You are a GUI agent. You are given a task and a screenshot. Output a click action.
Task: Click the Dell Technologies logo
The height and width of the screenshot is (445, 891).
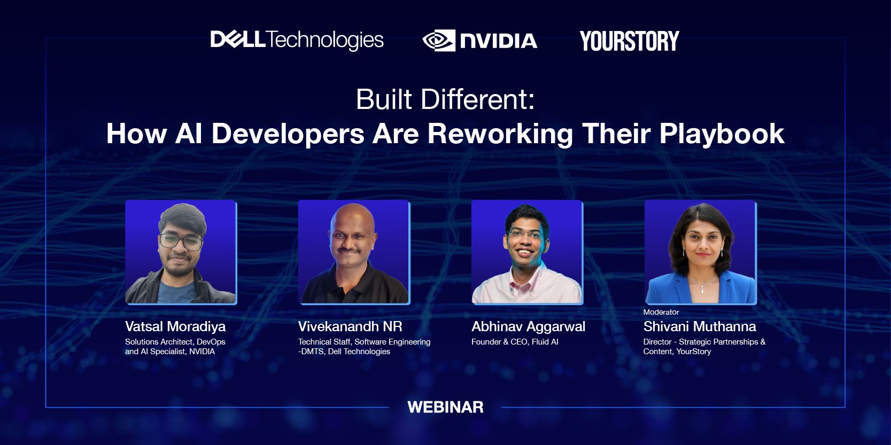pyautogui.click(x=297, y=40)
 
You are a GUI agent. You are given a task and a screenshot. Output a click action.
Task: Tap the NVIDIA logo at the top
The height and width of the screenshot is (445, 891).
pyautogui.click(x=479, y=41)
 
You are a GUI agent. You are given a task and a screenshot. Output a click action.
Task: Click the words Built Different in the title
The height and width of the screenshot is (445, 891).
pyautogui.click(x=445, y=99)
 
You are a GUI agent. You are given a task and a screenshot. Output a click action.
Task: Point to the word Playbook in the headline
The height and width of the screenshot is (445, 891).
pyautogui.click(x=722, y=134)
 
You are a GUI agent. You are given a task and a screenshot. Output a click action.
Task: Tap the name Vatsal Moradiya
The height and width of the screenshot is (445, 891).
pyautogui.click(x=175, y=326)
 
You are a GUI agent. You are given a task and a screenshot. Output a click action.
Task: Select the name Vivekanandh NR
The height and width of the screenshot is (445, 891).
pyautogui.click(x=350, y=326)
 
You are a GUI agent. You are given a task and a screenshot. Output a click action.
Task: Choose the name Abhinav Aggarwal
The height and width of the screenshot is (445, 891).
pyautogui.click(x=528, y=326)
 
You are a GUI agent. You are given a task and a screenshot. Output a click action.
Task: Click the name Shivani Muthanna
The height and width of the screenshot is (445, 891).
pyautogui.click(x=699, y=326)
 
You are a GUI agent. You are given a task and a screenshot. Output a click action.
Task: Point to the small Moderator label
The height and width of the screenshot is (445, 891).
pyautogui.click(x=661, y=312)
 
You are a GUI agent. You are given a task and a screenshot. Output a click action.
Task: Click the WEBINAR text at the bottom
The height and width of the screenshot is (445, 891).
pyautogui.click(x=445, y=407)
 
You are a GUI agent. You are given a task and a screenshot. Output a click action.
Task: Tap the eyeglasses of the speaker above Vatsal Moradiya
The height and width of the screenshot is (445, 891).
pyautogui.click(x=181, y=242)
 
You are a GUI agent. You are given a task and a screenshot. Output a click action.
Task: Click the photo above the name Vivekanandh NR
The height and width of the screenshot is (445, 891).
pyautogui.click(x=353, y=252)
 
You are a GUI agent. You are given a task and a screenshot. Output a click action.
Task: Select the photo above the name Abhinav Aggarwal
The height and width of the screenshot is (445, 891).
pyautogui.click(x=526, y=252)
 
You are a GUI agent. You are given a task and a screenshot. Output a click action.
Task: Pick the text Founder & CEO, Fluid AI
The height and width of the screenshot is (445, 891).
pyautogui.click(x=515, y=342)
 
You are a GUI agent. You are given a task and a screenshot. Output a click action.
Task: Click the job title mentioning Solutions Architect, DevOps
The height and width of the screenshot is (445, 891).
pyautogui.click(x=175, y=342)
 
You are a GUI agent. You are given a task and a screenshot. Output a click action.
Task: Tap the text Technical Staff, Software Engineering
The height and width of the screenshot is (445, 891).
pyautogui.click(x=364, y=342)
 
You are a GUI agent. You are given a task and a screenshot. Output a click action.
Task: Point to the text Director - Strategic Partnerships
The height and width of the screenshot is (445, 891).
pyautogui.click(x=704, y=342)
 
